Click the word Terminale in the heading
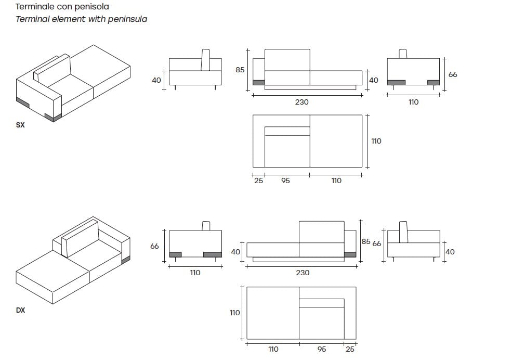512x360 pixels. tap(35, 7)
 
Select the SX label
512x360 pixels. tap(20, 125)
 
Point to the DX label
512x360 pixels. tap(20, 310)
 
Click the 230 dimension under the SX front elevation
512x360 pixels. tap(301, 102)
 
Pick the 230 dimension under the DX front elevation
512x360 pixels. tap(303, 273)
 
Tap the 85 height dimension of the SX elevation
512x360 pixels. tap(240, 70)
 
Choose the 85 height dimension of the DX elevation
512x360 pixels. tap(366, 242)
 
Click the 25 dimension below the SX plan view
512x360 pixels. tap(258, 181)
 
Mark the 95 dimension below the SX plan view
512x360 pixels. tap(285, 181)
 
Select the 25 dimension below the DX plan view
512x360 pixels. tap(350, 349)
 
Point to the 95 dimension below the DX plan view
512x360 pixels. tap(322, 349)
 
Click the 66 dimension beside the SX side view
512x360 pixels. tap(453, 74)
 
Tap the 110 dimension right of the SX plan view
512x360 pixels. tap(376, 141)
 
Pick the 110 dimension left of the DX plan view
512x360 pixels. tap(234, 313)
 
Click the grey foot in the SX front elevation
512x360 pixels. tap(258, 82)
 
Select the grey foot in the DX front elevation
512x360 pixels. tap(350, 254)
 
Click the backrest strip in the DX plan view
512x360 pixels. tap(321, 303)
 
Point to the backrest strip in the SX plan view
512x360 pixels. tap(287, 131)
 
